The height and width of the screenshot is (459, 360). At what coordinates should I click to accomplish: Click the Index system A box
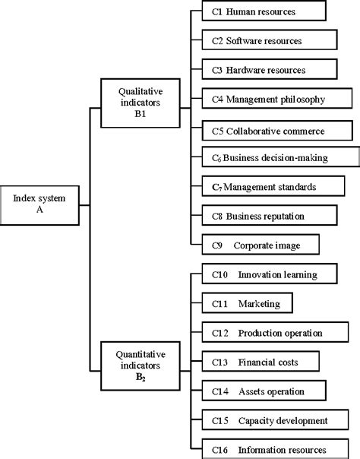pos(39,204)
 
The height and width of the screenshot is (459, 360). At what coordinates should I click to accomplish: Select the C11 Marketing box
pos(248,303)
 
